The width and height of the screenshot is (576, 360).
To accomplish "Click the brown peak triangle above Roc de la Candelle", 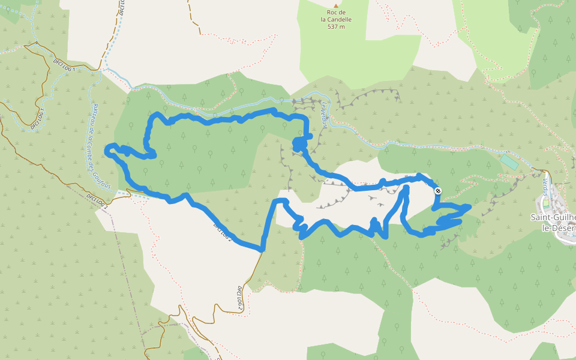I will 336,5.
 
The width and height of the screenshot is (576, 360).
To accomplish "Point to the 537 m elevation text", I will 336,26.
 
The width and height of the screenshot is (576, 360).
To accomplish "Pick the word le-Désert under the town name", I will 558,228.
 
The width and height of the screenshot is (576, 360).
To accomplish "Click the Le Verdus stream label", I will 324,115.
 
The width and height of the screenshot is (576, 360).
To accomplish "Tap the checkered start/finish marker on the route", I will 439,191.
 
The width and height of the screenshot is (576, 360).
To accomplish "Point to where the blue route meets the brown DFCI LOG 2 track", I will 262,249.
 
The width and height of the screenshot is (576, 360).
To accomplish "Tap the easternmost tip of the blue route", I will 469,206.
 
